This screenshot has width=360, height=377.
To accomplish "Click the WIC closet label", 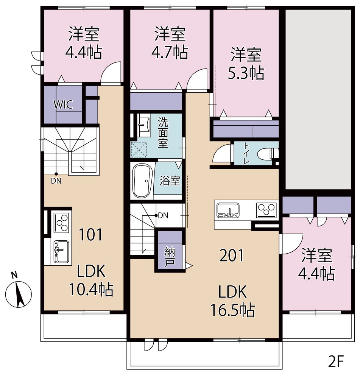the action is click(63, 104).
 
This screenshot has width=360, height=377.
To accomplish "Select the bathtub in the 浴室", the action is click(143, 181).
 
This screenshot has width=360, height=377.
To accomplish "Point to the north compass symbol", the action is click(18, 291).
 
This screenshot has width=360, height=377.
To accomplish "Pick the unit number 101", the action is click(90, 235).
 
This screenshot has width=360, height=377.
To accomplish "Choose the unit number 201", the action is click(232, 255).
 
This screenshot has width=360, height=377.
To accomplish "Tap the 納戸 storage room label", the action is click(170, 257).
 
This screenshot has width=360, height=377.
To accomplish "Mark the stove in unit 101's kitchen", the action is click(61, 223).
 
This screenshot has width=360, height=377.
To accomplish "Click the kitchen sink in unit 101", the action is click(61, 251).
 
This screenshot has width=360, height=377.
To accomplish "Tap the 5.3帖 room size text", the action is click(246, 73).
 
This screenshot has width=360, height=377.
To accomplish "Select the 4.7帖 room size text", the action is click(170, 53).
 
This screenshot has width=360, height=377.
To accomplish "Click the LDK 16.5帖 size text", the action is click(232, 301).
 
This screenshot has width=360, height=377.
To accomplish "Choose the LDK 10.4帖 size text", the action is click(91, 280).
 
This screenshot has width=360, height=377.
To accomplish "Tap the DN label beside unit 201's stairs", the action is click(163, 216).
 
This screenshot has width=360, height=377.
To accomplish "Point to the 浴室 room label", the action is click(170, 181).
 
